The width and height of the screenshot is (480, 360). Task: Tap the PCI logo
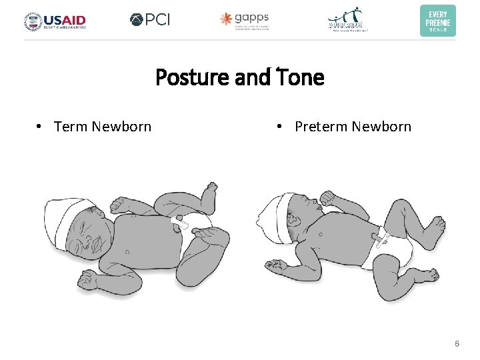pos(150,20)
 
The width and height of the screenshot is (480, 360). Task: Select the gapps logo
pos(245,20)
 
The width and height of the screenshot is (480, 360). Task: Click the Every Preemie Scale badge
pos(437,20)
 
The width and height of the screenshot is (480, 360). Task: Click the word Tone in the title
pos(298,78)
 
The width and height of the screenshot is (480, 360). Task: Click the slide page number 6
pos(457,344)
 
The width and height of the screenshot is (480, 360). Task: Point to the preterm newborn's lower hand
pos(275,265)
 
